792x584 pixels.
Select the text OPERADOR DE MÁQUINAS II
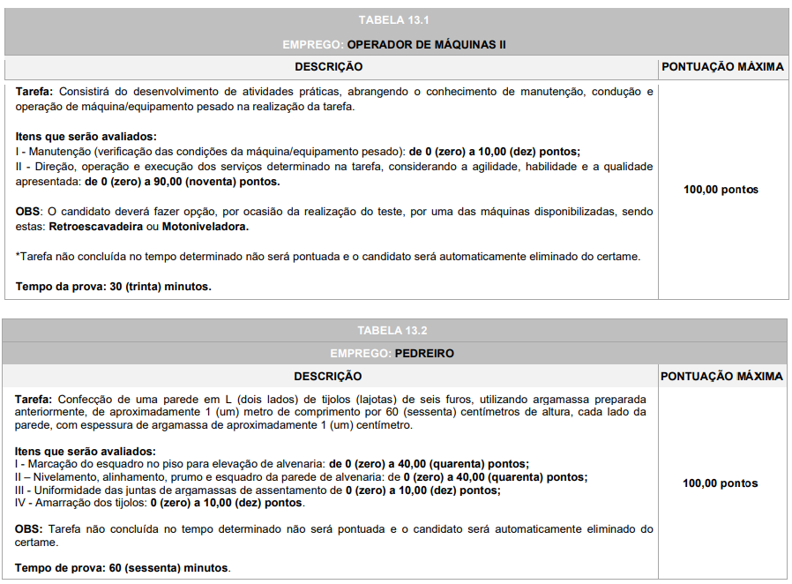click(426, 44)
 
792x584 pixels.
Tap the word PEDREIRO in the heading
click(424, 353)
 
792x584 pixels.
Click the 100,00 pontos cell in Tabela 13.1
click(721, 190)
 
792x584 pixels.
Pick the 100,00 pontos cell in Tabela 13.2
click(720, 483)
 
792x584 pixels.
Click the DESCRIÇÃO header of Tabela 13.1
click(328, 67)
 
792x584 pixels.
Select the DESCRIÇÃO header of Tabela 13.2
click(328, 377)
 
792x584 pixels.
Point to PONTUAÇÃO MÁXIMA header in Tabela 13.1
click(722, 67)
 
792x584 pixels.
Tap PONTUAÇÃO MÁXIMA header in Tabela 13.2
click(722, 377)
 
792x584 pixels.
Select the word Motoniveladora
click(205, 227)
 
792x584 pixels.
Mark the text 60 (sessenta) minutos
click(170, 568)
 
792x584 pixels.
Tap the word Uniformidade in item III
click(62, 490)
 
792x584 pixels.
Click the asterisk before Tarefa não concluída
click(18, 256)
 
